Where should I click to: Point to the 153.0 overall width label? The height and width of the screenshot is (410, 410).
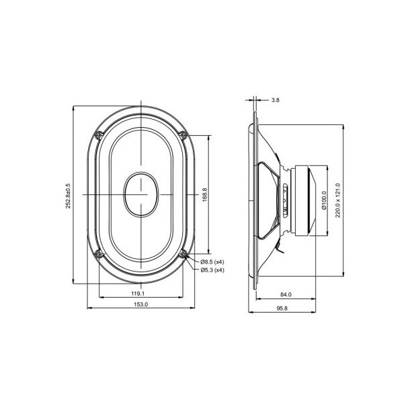(141, 305)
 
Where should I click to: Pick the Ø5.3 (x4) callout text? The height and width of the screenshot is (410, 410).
(212, 270)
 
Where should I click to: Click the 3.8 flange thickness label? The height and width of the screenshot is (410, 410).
(276, 100)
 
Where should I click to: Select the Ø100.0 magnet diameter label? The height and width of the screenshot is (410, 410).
(324, 199)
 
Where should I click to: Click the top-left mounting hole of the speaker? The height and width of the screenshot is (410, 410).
(99, 134)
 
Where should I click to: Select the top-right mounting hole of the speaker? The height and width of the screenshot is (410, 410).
(182, 134)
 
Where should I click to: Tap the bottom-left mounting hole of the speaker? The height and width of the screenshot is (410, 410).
(99, 253)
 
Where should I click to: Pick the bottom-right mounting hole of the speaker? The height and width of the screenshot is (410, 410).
(182, 253)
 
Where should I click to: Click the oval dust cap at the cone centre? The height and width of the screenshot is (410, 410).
(140, 194)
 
